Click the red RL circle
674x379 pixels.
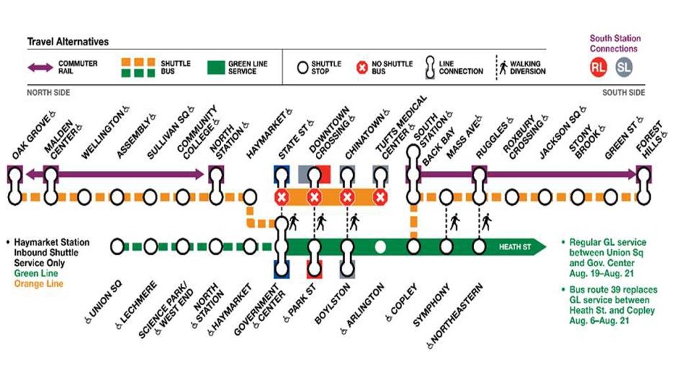[x=598, y=67]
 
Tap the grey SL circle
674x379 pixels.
[x=624, y=67]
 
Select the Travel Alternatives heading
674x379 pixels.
[x=68, y=41]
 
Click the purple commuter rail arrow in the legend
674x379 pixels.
[x=43, y=67]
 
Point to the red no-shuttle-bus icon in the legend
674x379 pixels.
[x=361, y=67]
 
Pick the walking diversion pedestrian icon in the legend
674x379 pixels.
[x=504, y=67]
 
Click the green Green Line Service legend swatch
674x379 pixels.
[x=216, y=68]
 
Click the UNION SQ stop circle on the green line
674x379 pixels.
[x=117, y=247]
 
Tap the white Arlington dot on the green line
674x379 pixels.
[x=380, y=247]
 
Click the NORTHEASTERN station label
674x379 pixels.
[x=454, y=316]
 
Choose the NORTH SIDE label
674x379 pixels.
[x=48, y=93]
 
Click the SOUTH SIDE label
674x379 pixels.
[x=623, y=93]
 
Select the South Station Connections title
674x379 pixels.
[x=614, y=43]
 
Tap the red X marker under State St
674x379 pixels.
[x=282, y=197]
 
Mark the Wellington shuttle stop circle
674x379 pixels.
[x=84, y=197]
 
